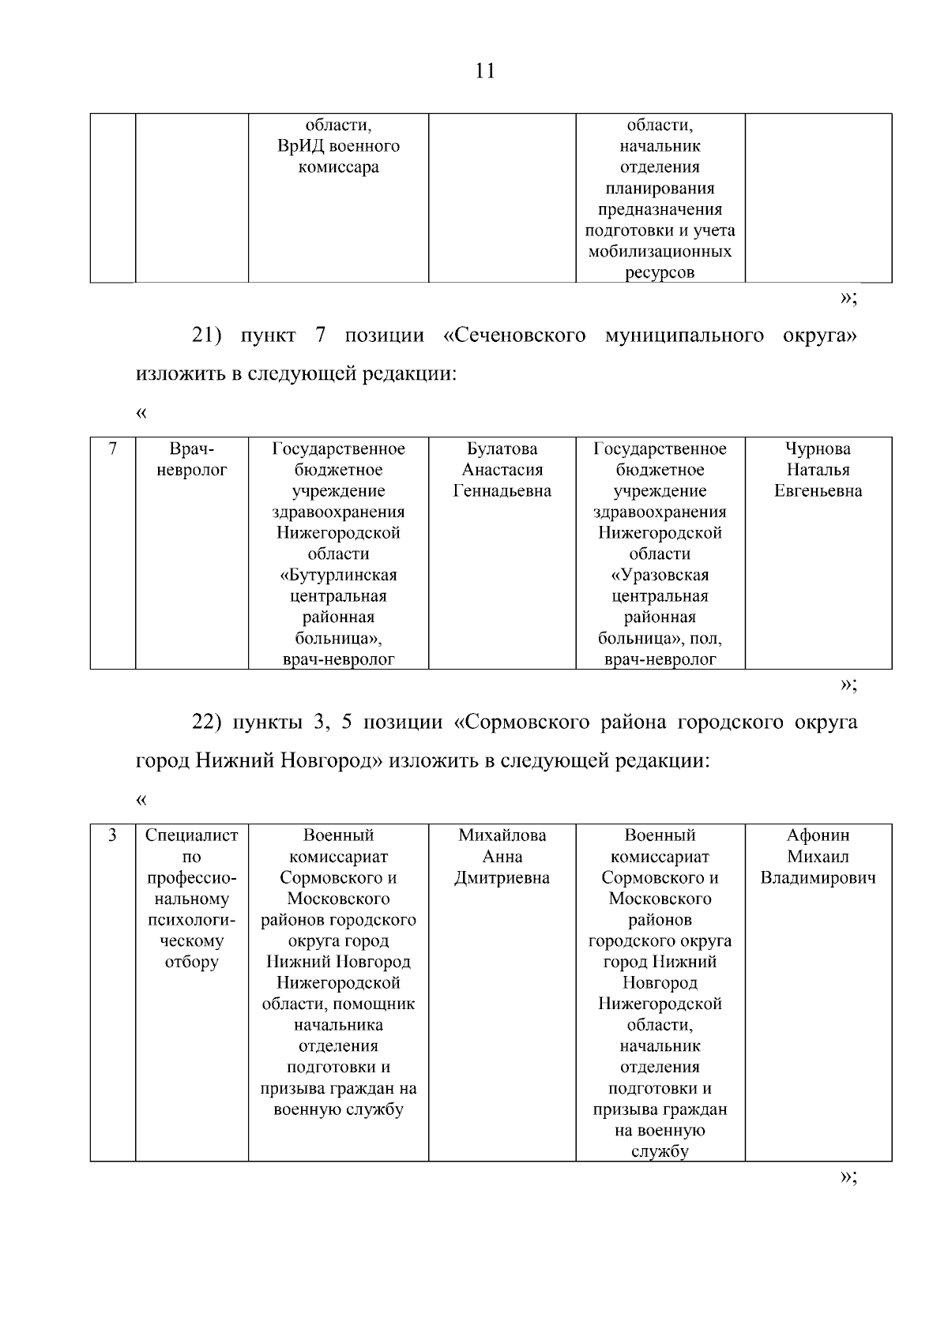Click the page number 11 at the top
click(x=485, y=71)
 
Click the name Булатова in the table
click(x=502, y=449)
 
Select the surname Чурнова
click(x=818, y=449)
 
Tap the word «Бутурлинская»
click(x=338, y=575)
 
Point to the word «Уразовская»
click(x=660, y=575)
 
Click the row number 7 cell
click(x=113, y=449)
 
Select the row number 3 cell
click(x=113, y=835)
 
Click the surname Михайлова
click(x=502, y=835)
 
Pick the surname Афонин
click(x=818, y=835)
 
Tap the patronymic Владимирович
click(x=818, y=878)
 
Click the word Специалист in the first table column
click(x=192, y=835)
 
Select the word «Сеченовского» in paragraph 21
click(x=515, y=336)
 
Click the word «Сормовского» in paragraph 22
click(x=523, y=723)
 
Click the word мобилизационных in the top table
click(x=660, y=252)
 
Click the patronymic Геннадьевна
click(x=502, y=491)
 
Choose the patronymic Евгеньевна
click(x=818, y=491)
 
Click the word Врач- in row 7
click(x=192, y=449)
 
